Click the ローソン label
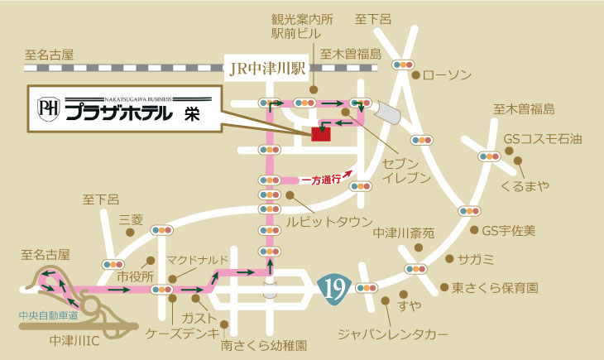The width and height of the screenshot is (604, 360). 447,75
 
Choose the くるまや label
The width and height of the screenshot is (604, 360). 525,185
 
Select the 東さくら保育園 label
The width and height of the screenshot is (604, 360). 495,288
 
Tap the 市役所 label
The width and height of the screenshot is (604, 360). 137,276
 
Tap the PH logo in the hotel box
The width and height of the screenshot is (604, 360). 48,108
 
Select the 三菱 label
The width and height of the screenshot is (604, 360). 132,219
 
